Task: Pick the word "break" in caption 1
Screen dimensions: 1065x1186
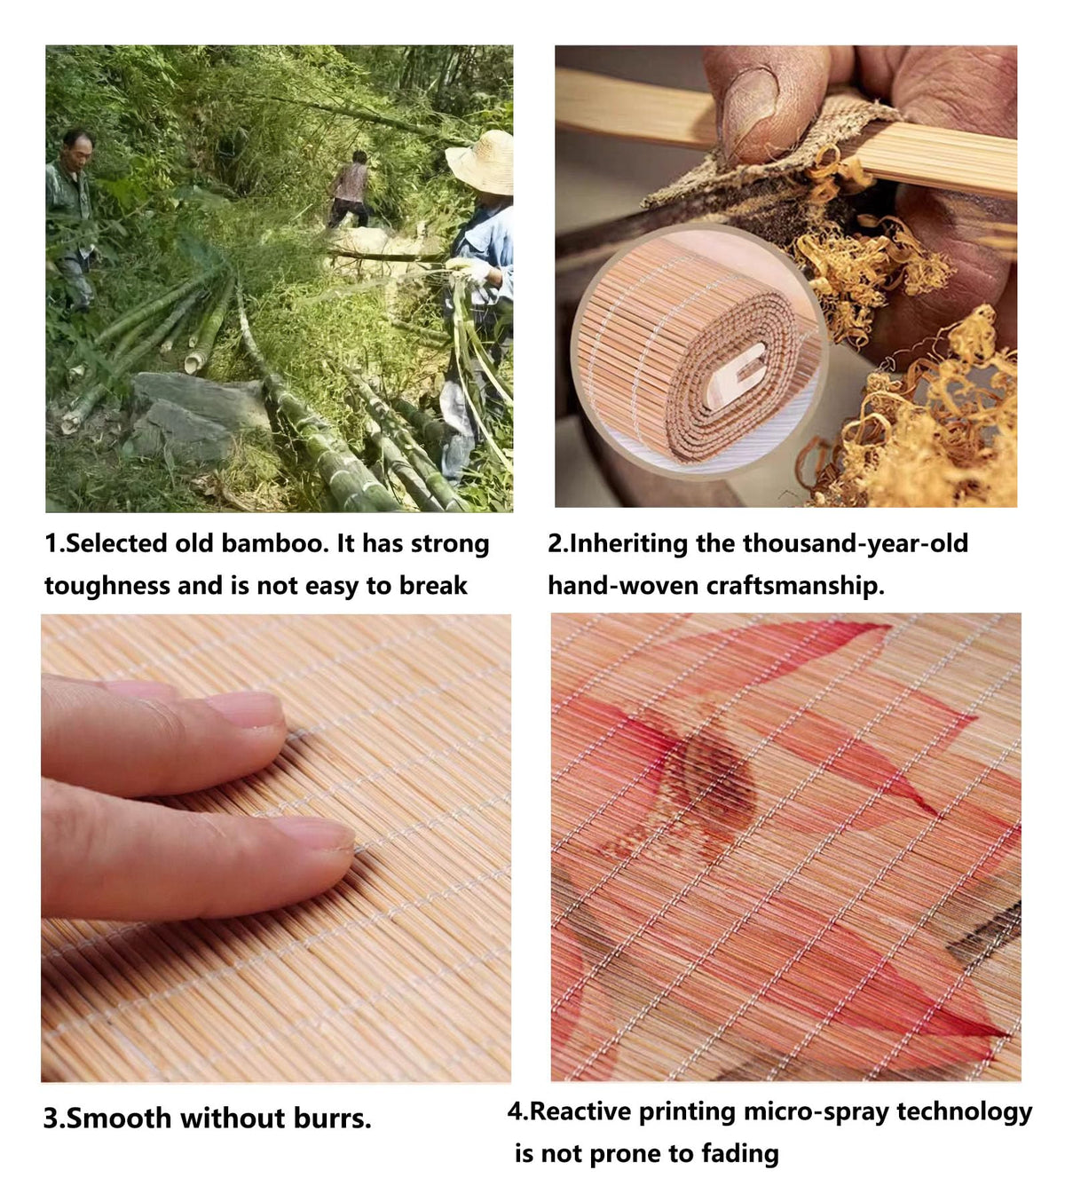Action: pos(434,585)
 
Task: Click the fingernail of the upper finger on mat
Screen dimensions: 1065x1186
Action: pos(248,710)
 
